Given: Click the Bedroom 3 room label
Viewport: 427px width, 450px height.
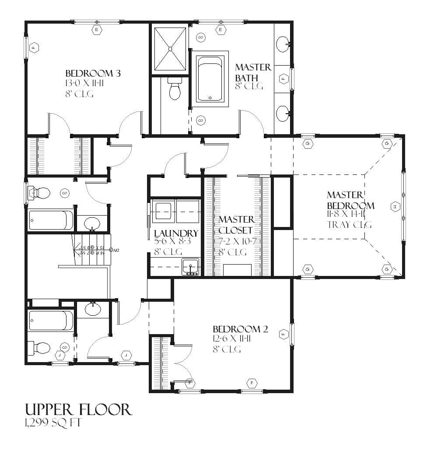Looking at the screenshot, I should (93, 73).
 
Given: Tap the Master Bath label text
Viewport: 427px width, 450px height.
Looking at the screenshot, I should (253, 72).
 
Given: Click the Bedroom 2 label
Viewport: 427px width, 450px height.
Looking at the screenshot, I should (240, 329).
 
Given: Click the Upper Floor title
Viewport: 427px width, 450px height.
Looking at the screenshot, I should (78, 409).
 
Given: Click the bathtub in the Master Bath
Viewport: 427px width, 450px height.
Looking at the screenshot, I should (210, 79).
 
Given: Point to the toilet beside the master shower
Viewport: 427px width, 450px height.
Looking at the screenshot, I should (174, 89).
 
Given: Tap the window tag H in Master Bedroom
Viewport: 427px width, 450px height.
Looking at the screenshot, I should (395, 206).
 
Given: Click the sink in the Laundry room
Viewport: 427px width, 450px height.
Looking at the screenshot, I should (190, 266).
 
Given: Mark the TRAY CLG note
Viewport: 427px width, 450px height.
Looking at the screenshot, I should (349, 225).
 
